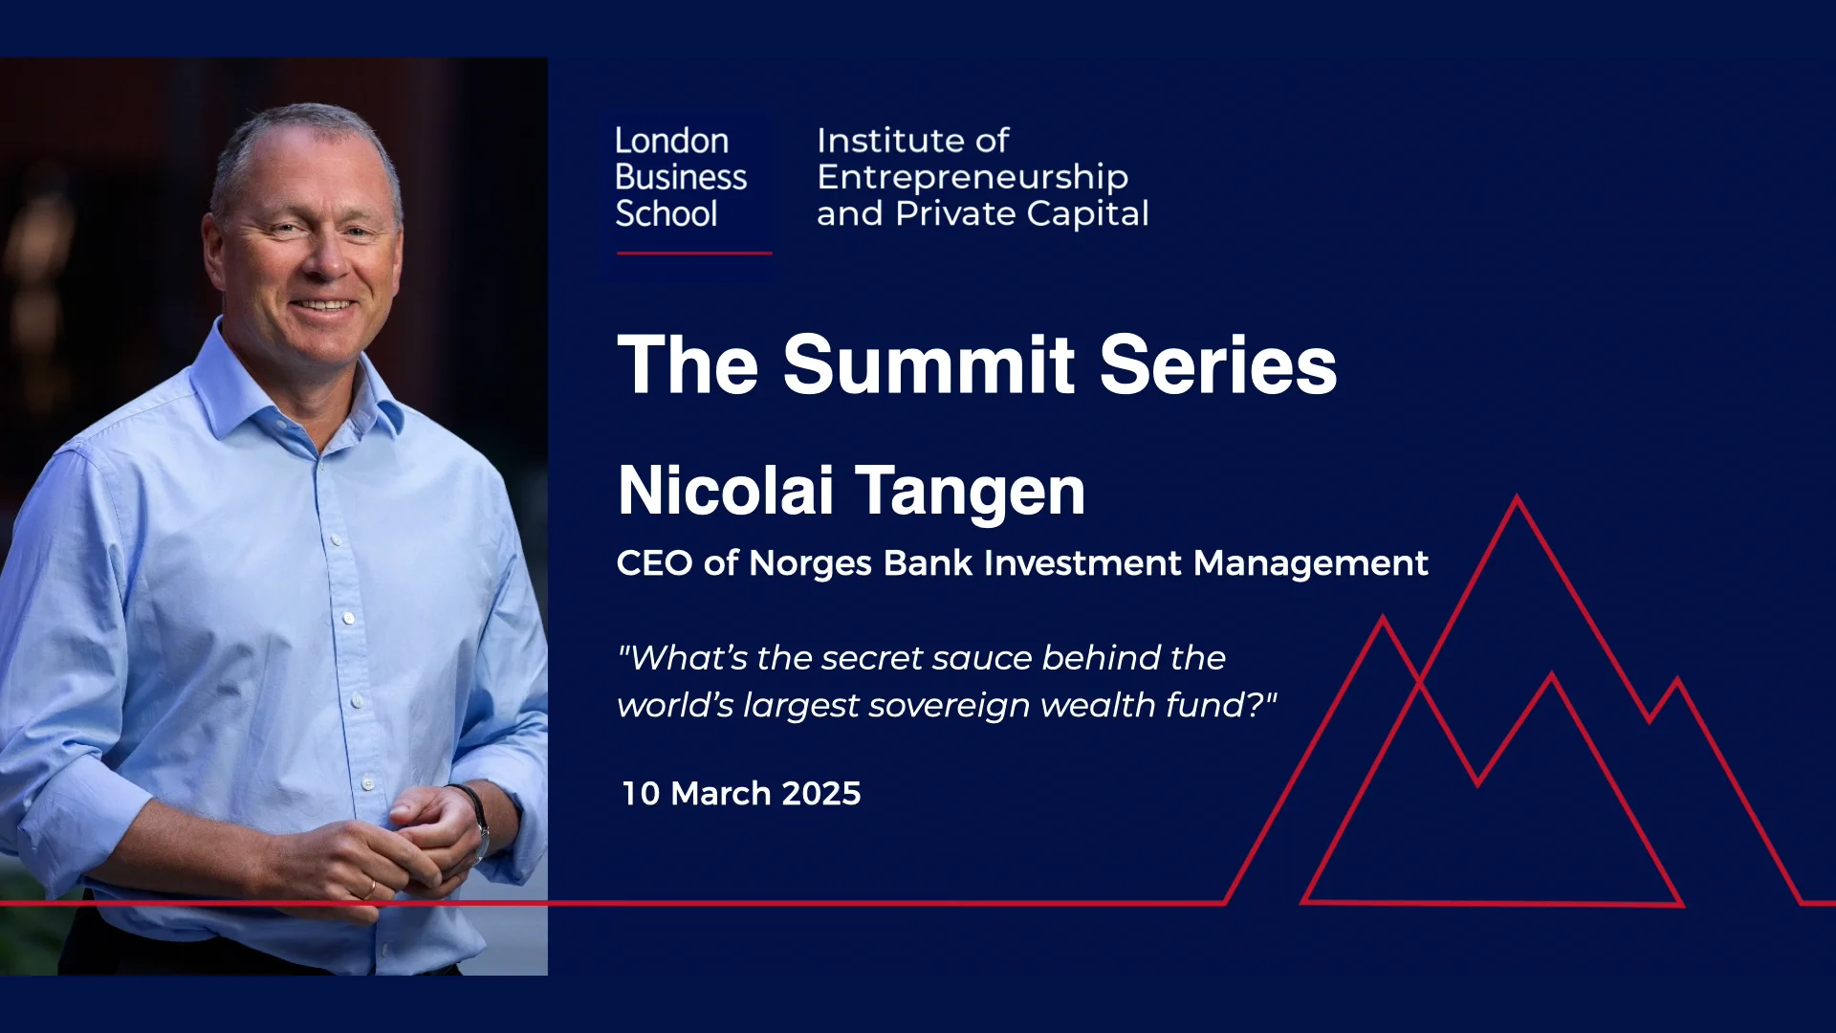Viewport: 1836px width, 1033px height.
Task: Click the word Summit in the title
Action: [x=929, y=364]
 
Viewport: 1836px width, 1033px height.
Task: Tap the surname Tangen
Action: [x=970, y=492]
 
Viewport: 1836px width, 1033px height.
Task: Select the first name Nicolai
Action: [x=726, y=492]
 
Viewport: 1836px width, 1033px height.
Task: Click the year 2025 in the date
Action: [x=821, y=793]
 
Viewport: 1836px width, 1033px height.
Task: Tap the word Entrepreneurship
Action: [x=973, y=178]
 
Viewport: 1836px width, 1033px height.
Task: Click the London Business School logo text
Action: [x=680, y=177]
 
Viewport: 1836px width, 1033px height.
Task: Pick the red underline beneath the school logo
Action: [x=694, y=253]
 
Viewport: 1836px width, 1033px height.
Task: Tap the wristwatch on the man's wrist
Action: [x=478, y=813]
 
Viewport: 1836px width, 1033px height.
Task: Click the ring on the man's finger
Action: [x=370, y=890]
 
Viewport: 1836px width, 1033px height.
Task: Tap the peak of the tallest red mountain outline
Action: [x=1517, y=498]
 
